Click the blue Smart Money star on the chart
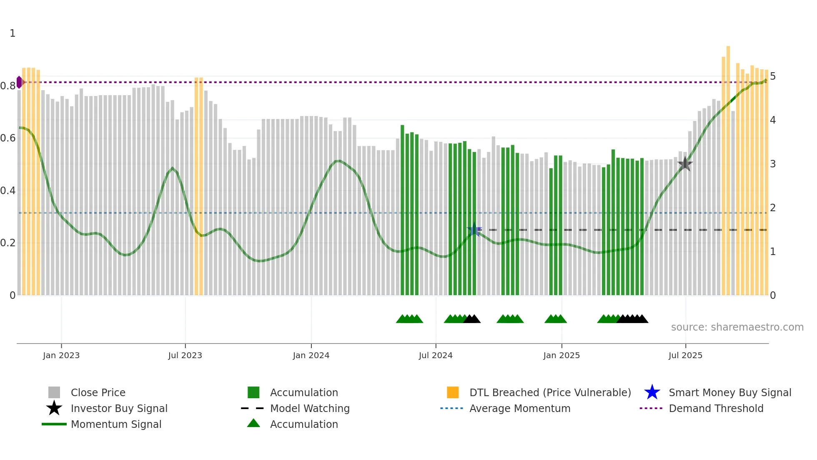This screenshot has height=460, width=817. (474, 229)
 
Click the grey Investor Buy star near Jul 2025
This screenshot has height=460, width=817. (685, 164)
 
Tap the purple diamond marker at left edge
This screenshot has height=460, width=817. (19, 82)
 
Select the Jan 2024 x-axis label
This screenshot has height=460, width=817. (311, 355)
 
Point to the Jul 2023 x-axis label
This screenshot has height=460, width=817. (185, 355)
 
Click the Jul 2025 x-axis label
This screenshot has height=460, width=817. (685, 355)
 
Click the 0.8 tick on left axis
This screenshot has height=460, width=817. (8, 86)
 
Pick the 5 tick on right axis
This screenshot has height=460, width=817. (773, 76)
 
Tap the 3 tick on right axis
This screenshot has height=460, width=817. (773, 164)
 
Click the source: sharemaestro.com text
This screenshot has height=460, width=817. (737, 327)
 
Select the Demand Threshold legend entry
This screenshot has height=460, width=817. (716, 408)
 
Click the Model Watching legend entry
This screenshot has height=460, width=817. (310, 408)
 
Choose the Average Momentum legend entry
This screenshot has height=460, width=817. (520, 408)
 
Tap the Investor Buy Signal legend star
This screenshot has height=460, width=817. (54, 408)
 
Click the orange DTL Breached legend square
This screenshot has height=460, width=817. (453, 392)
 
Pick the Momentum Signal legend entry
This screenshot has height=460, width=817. (116, 424)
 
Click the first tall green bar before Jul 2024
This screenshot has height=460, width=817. (402, 209)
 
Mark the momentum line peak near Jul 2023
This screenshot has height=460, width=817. (173, 169)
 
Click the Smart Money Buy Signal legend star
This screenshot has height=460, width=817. (652, 392)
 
